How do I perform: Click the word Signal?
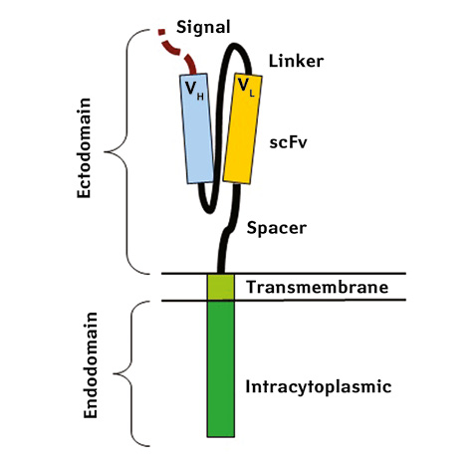(x=203, y=28)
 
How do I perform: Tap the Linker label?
(x=296, y=61)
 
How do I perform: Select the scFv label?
(x=288, y=142)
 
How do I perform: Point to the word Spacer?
(x=277, y=228)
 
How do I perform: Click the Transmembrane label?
(x=318, y=287)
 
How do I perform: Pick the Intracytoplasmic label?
(x=319, y=386)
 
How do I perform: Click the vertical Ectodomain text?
(x=84, y=148)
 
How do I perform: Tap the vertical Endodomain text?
(x=91, y=365)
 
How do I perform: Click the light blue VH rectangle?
(x=196, y=128)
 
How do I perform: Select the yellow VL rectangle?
(x=243, y=128)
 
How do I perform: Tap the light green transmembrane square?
(x=221, y=288)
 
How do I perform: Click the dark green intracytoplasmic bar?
(x=221, y=368)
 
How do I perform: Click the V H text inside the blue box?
(x=194, y=91)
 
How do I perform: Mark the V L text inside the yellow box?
(x=246, y=88)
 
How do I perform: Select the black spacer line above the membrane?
(x=228, y=228)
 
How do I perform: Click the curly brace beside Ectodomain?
(x=126, y=152)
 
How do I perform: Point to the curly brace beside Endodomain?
(x=131, y=374)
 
